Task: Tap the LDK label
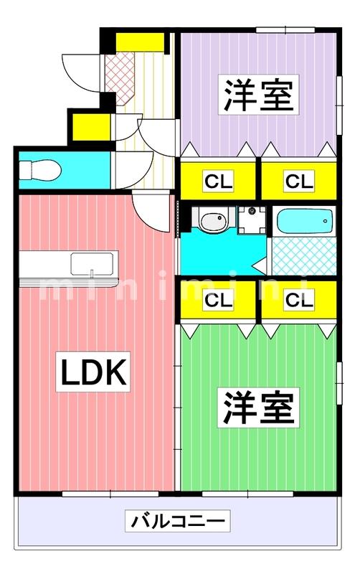pyautogui.click(x=93, y=372)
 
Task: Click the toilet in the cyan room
pyautogui.click(x=33, y=171)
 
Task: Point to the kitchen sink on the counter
pyautogui.click(x=92, y=263)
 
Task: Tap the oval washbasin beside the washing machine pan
pyautogui.click(x=212, y=222)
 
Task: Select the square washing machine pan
pyautogui.click(x=251, y=220)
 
